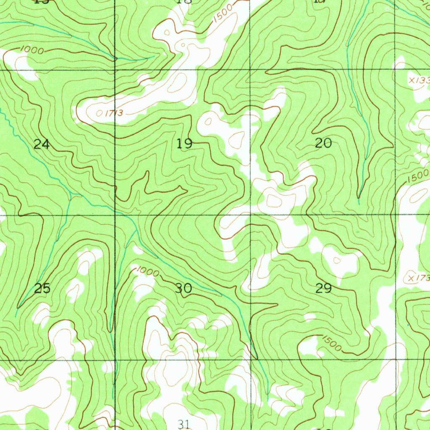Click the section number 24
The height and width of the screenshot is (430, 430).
[x=42, y=145]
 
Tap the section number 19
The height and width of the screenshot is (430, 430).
[x=184, y=144]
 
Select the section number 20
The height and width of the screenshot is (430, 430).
[x=323, y=144]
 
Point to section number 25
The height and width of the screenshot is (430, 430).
[x=42, y=288]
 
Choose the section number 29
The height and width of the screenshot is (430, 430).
[x=323, y=288]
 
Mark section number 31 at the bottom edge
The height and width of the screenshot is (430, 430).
[x=184, y=424]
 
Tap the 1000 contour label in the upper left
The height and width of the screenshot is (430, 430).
[x=32, y=50]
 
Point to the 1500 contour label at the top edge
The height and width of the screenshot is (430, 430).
[x=222, y=15]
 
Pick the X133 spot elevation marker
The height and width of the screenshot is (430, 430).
[x=418, y=80]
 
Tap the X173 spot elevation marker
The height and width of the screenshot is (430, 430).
[x=418, y=278]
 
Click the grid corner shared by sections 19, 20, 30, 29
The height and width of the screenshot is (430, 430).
[x=251, y=215]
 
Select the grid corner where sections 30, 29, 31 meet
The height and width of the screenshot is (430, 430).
[x=251, y=359]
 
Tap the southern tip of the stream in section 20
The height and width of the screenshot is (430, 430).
[x=359, y=197]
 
